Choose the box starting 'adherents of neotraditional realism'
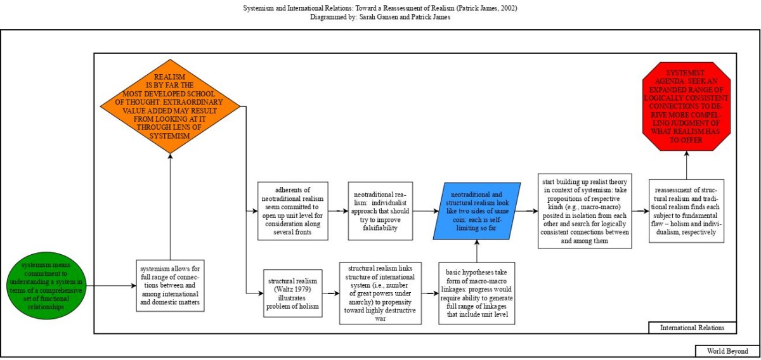[293, 211]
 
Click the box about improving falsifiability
[381, 211]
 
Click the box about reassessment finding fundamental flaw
[686, 211]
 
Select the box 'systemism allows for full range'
[169, 285]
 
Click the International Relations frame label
[693, 328]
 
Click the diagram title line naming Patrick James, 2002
[380, 8]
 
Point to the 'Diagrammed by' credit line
[380, 18]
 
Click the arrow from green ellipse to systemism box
[111, 286]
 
